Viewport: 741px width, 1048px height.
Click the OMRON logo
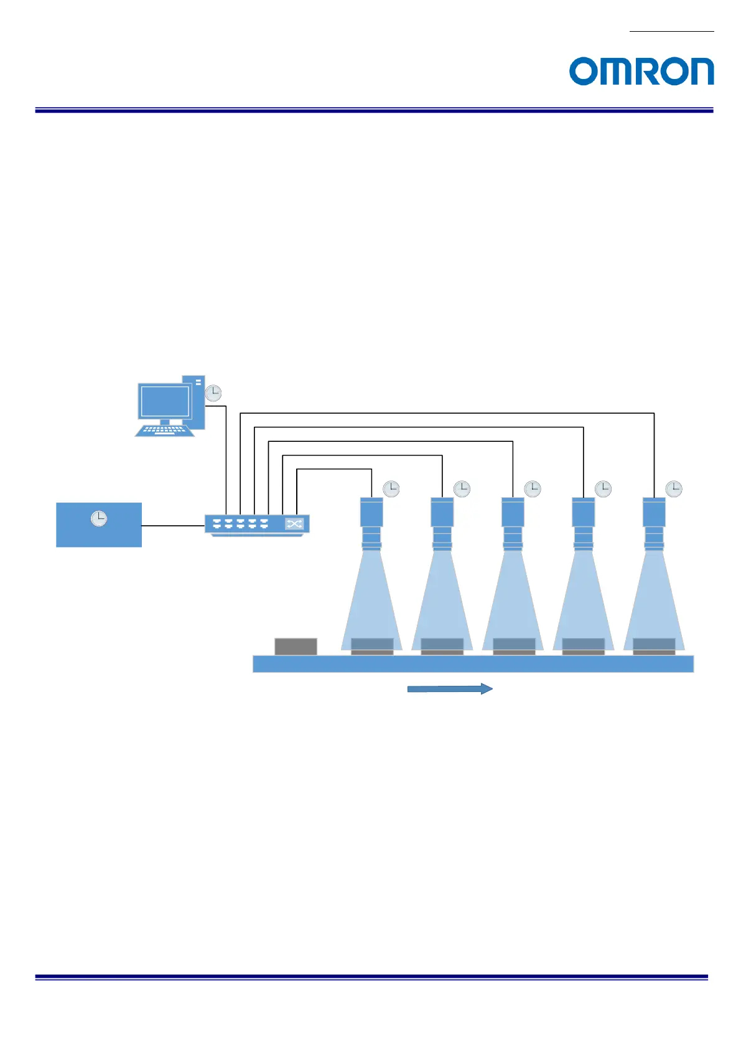coord(641,71)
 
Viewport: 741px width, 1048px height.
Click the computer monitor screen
coord(165,401)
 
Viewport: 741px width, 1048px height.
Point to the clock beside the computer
coord(213,393)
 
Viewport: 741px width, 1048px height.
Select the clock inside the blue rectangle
coord(99,518)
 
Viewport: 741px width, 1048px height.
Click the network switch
coord(257,524)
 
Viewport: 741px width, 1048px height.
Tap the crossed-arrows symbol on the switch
coord(294,524)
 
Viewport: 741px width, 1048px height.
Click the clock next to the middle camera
coord(533,489)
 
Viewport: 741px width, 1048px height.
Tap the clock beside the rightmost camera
coord(674,489)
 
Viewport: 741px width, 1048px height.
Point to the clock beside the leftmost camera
coord(391,489)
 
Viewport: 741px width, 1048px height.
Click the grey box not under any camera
coord(296,646)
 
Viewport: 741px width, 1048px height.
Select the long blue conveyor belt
coord(473,664)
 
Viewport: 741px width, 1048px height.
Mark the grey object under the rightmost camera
coord(654,646)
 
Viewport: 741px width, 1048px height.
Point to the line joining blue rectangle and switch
coord(173,526)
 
